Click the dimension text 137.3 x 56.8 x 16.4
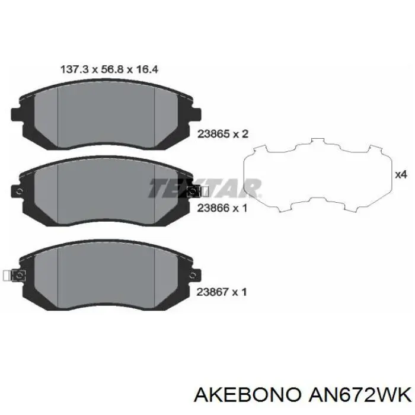pos(109,69)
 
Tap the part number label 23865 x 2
pos(223,134)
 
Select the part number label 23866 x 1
pos(222,208)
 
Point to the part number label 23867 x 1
pos(222,292)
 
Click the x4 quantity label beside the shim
pos(401,175)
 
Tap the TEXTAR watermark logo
pos(205,188)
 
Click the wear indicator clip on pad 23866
pos(197,191)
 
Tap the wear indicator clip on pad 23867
pos(14,276)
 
